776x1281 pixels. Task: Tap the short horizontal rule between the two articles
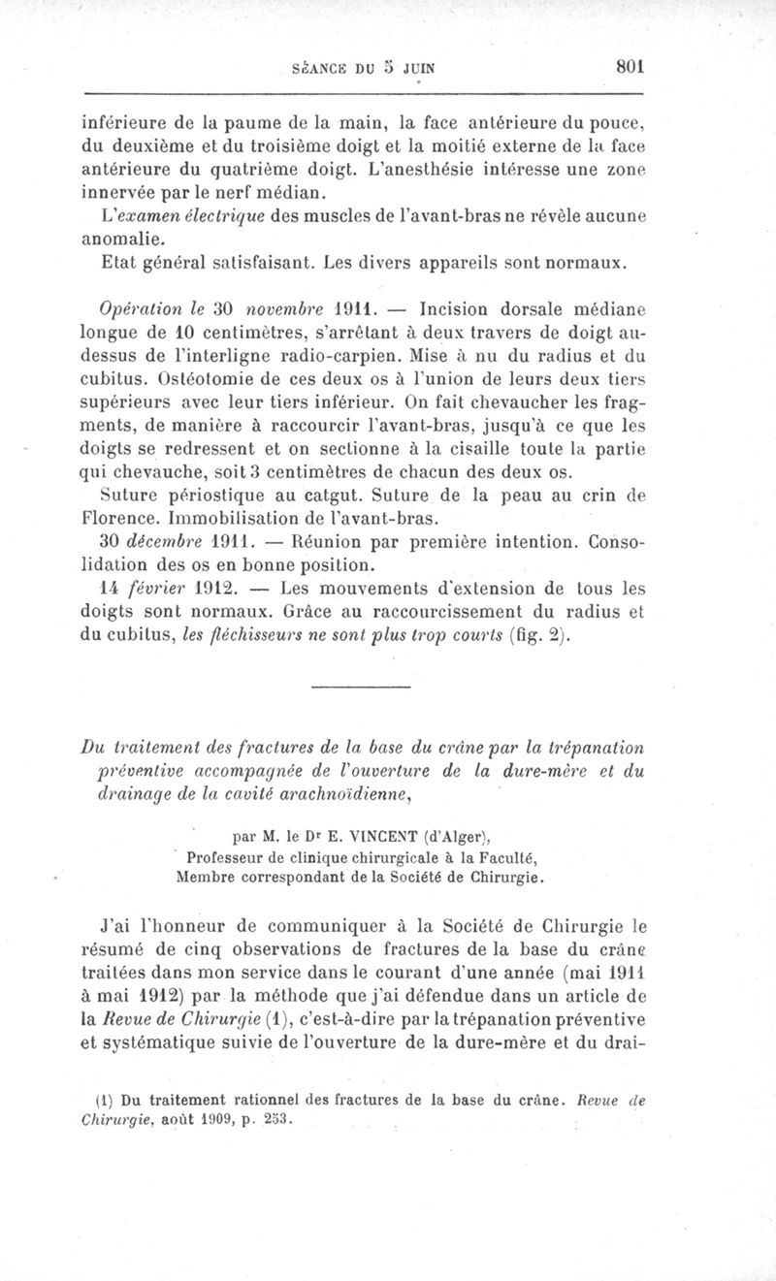[361, 689]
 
